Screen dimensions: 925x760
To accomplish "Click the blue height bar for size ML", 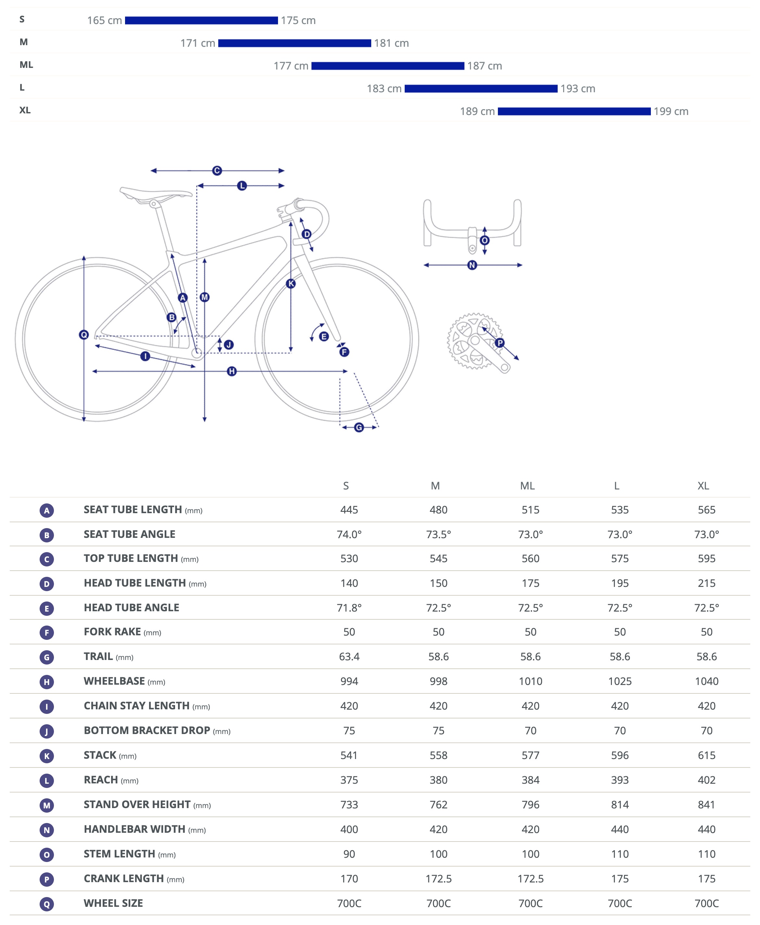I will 387,66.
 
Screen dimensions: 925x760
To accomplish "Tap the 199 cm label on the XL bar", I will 671,112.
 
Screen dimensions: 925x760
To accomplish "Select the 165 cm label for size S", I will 104,20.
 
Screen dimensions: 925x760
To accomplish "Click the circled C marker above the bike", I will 217,171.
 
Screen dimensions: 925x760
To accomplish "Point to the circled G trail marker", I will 359,427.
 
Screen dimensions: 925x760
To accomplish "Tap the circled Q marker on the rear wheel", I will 83,335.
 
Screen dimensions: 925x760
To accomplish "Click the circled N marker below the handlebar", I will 472,265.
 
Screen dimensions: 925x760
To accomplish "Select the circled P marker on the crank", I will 500,343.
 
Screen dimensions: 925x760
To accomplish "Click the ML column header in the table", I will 527,486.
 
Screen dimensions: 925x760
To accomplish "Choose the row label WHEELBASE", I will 114,681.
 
